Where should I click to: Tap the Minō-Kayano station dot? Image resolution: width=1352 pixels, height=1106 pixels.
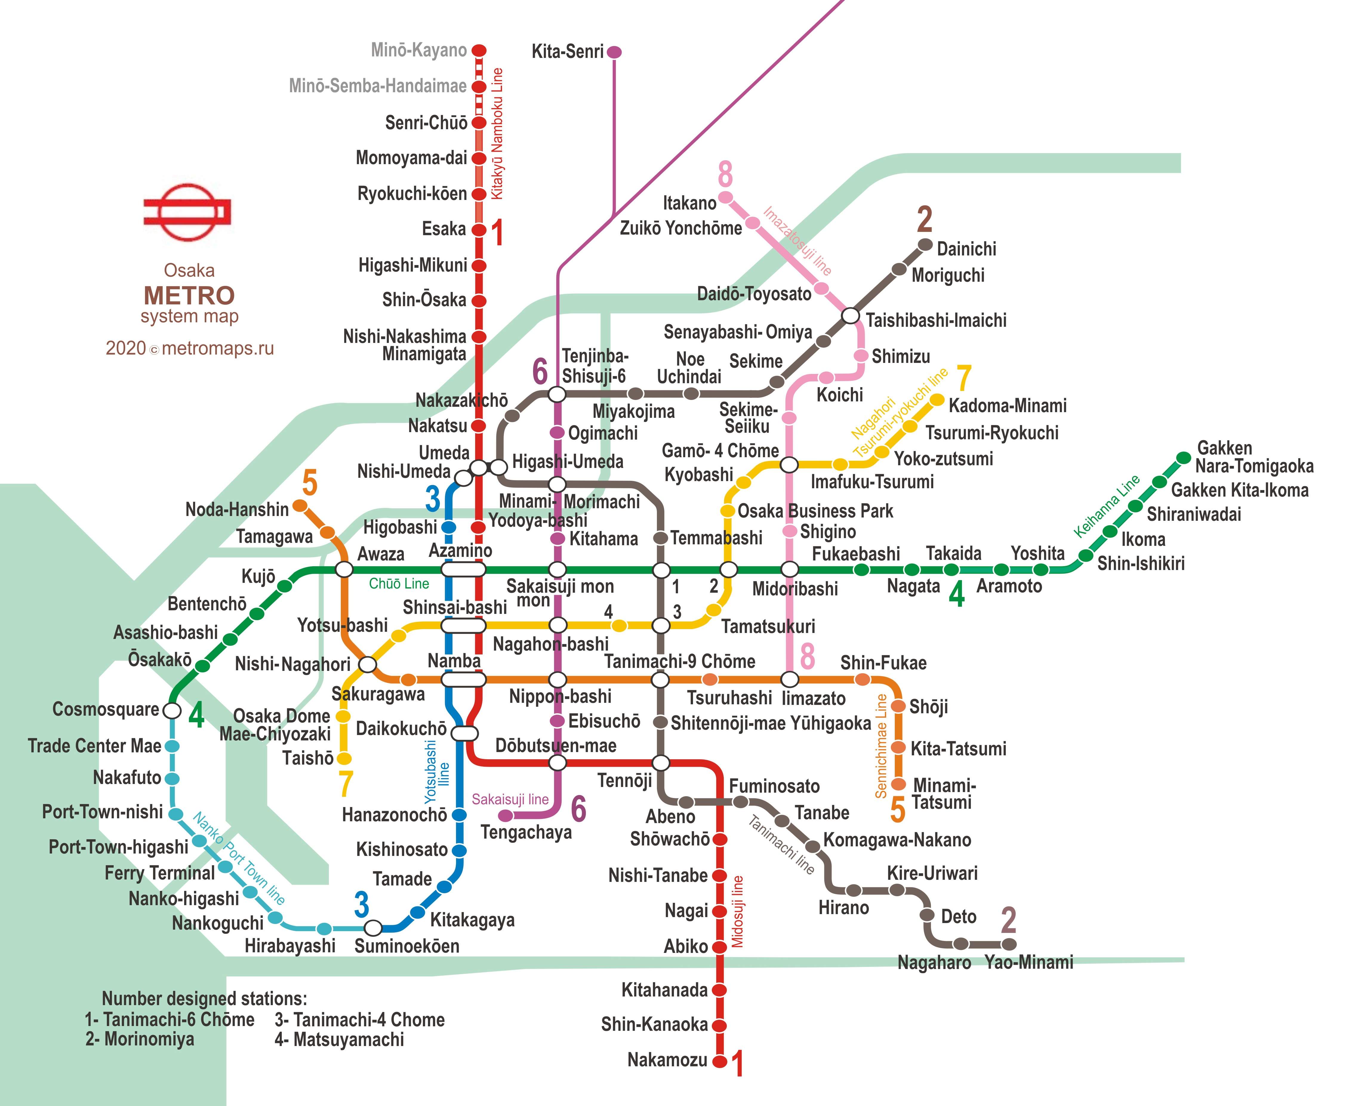click(479, 50)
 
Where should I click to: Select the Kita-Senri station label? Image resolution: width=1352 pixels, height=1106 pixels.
click(567, 52)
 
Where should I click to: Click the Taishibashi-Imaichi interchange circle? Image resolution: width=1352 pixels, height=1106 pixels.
click(851, 315)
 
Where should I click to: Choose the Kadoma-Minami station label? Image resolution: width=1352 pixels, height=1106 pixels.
click(1007, 406)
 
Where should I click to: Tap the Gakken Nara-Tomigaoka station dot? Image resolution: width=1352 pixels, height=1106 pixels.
click(1183, 458)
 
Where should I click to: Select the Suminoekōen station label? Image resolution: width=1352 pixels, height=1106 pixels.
click(406, 946)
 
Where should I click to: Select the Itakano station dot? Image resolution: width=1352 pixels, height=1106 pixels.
click(725, 197)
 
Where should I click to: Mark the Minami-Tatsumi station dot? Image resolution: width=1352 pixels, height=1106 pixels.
click(898, 784)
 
